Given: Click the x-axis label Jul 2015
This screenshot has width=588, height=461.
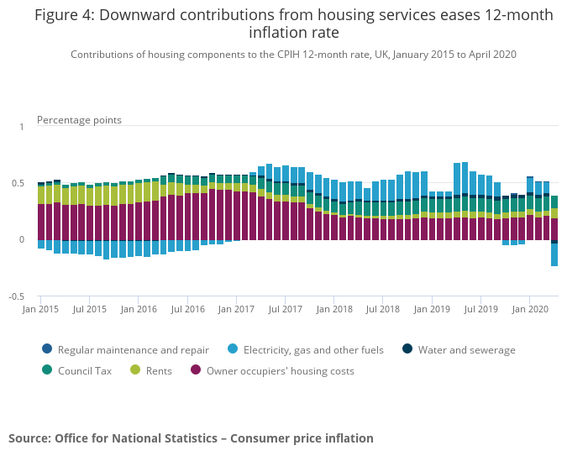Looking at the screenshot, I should pyautogui.click(x=90, y=309).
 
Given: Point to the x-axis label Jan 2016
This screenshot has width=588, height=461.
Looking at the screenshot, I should pyautogui.click(x=139, y=309).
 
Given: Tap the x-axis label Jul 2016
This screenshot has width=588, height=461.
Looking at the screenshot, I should pyautogui.click(x=188, y=309).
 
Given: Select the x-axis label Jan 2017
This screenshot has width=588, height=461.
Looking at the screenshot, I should pyautogui.click(x=237, y=309).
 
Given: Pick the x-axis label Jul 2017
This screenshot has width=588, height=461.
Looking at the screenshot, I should pyautogui.click(x=286, y=309).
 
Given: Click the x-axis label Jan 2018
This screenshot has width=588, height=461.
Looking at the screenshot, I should pyautogui.click(x=334, y=309).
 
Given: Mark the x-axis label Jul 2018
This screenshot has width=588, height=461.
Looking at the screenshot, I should pyautogui.click(x=383, y=309).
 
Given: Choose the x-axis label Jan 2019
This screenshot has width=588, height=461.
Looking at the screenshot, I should pyautogui.click(x=432, y=309).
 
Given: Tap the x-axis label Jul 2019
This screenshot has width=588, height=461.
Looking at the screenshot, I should pyautogui.click(x=481, y=309).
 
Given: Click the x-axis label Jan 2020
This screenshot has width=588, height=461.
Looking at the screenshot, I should pyautogui.click(x=530, y=309).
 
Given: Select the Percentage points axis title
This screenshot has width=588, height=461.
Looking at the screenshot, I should pyautogui.click(x=79, y=120).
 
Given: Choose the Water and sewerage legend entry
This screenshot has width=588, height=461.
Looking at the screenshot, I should pyautogui.click(x=466, y=350).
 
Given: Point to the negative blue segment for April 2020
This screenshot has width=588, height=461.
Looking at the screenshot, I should pyautogui.click(x=554, y=254).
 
